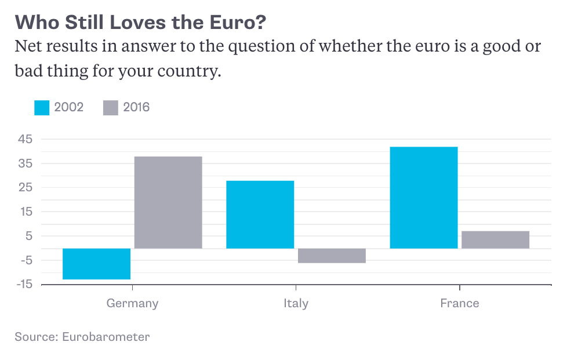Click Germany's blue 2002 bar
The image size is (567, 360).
tap(96, 264)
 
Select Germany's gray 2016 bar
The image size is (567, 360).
tap(168, 202)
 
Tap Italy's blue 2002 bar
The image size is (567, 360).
tap(260, 214)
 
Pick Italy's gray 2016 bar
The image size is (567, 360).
tap(332, 256)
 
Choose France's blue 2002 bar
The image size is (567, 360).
tap(424, 198)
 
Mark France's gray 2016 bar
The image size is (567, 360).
tap(496, 239)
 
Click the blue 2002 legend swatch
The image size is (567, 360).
tap(42, 107)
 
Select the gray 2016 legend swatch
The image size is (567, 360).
tap(110, 107)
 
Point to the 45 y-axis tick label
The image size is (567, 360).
tap(24, 139)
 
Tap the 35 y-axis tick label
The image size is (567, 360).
tap(24, 163)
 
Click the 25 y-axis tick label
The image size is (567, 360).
tap(24, 187)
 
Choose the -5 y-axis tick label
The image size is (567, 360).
tap(24, 260)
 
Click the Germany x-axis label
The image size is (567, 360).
tap(132, 303)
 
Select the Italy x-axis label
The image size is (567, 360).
tap(296, 303)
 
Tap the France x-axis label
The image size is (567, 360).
tap(459, 303)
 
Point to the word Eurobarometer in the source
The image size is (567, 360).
tap(106, 337)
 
